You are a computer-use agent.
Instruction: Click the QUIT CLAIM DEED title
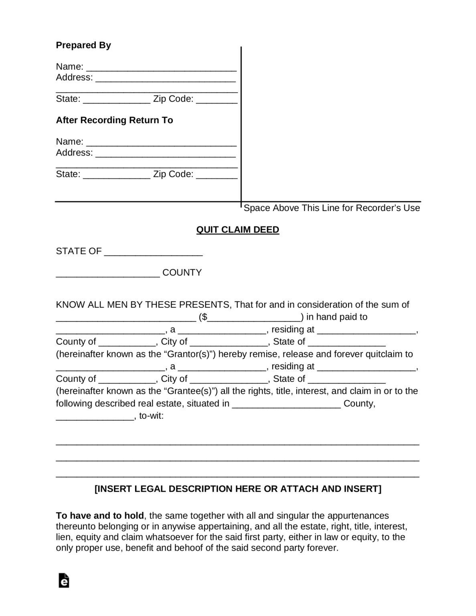click(237, 230)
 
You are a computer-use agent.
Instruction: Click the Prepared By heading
click(83, 45)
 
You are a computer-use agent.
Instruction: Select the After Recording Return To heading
click(114, 120)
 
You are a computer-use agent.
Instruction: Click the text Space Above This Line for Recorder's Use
click(332, 208)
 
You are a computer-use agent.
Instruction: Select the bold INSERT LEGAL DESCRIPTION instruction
click(238, 489)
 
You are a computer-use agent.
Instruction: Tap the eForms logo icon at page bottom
click(64, 580)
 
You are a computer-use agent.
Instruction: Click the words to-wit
click(151, 416)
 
